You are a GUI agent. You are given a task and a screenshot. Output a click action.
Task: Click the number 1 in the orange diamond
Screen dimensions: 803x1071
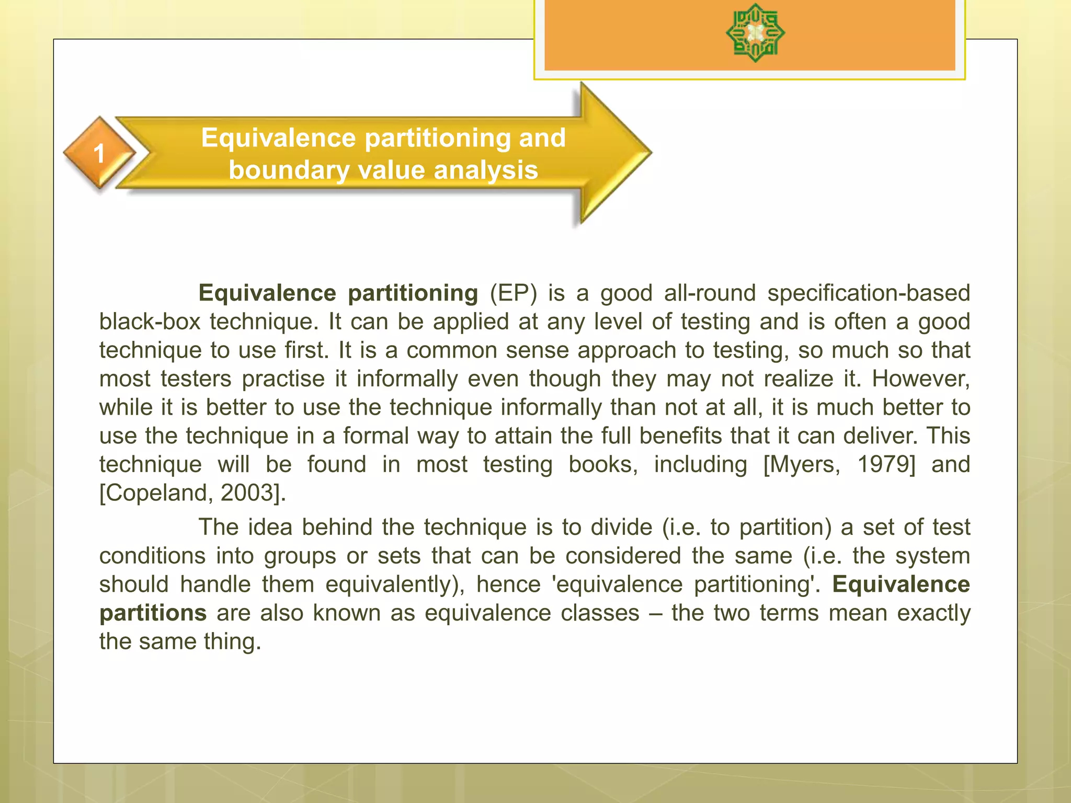click(x=99, y=154)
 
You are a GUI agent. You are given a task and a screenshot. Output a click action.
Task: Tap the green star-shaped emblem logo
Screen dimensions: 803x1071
click(x=755, y=33)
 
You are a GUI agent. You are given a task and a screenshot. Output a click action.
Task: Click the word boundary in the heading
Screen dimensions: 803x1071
click(x=289, y=170)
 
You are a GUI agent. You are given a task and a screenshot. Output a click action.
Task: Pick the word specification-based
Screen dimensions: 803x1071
click(x=868, y=293)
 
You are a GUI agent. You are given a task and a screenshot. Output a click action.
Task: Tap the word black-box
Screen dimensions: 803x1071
click(x=150, y=322)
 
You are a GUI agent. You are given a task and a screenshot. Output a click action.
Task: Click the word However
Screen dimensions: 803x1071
click(x=920, y=378)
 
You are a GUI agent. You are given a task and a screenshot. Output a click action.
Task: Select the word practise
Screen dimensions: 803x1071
click(x=283, y=378)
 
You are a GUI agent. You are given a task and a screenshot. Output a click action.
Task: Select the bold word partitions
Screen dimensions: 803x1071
click(x=153, y=613)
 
